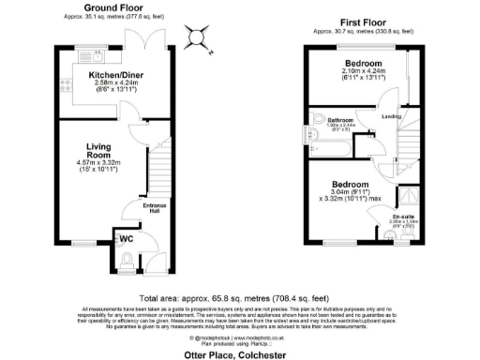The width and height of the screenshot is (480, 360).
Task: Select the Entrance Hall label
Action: click(x=154, y=207)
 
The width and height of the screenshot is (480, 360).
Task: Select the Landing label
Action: click(x=391, y=116)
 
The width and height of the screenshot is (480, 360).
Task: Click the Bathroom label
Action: click(x=338, y=120)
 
